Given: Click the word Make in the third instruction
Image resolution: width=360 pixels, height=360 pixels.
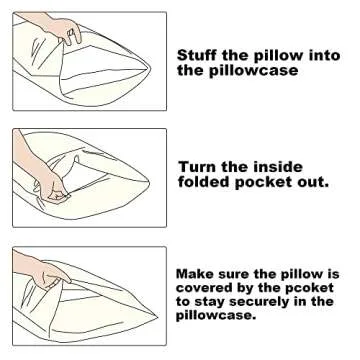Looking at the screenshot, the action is (x=194, y=274).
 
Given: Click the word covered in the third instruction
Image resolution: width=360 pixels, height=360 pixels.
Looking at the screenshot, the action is (x=201, y=288).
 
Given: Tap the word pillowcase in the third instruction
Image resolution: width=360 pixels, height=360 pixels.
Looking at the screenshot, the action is (x=216, y=316).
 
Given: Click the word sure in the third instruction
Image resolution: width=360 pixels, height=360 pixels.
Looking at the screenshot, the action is (x=233, y=275).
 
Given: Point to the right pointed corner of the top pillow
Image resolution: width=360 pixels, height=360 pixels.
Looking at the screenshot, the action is (x=150, y=69).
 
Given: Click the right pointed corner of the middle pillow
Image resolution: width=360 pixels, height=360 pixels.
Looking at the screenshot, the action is (x=149, y=182).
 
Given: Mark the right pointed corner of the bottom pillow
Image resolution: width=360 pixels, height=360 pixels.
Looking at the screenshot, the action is (x=157, y=316).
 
